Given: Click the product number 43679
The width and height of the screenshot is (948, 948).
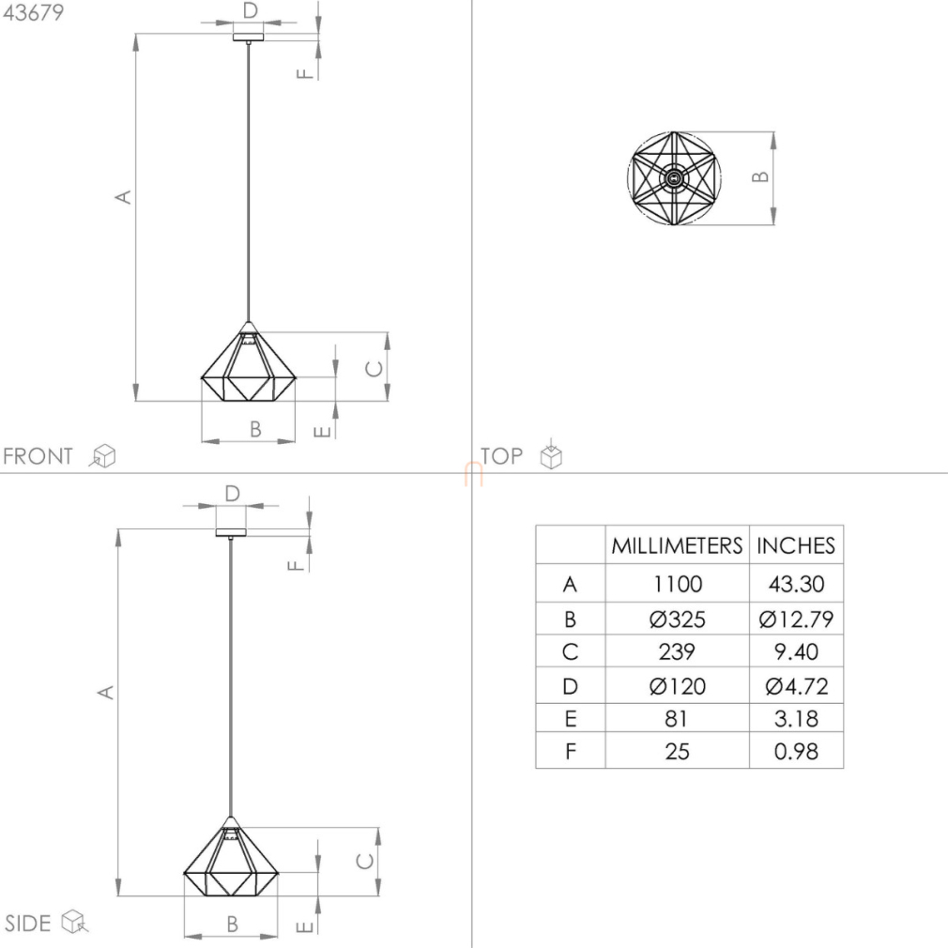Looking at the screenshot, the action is (x=33, y=13).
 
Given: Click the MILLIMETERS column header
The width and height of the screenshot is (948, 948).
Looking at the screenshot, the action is (x=677, y=545).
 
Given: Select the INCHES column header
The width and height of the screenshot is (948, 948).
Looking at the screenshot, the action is (x=796, y=545).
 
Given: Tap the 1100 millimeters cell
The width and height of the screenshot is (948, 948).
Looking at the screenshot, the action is (x=677, y=584).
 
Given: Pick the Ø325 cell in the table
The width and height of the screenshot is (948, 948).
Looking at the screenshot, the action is (x=677, y=619).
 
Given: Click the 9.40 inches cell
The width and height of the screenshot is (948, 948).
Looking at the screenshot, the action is (x=796, y=651).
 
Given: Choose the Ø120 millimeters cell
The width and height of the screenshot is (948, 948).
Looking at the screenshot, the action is (x=677, y=686).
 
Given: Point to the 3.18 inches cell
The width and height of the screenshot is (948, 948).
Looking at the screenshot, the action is (x=796, y=719).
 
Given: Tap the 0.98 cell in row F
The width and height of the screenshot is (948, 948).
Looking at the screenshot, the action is (x=796, y=752).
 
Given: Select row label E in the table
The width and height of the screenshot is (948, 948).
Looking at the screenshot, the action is (x=570, y=719).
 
